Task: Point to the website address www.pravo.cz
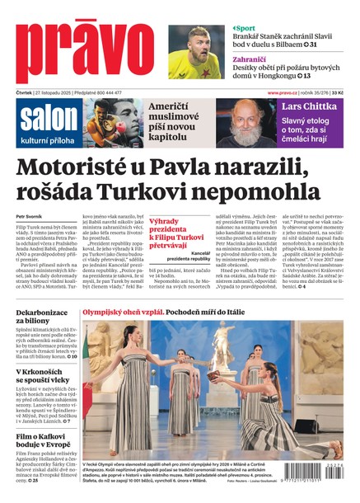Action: (x=284, y=92)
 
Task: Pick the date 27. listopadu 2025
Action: (x=57, y=92)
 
